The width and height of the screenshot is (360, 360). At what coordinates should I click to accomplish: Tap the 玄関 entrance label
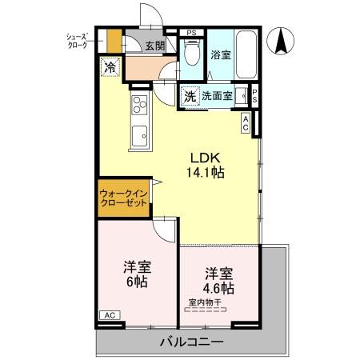(155, 46)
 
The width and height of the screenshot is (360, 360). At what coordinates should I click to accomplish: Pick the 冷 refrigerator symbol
(110, 67)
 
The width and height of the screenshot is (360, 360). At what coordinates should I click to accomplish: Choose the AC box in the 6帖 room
(109, 315)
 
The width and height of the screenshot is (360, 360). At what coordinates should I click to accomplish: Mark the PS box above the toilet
(191, 33)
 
